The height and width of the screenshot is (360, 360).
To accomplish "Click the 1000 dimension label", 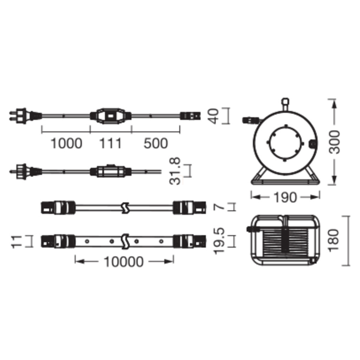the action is point(67,143).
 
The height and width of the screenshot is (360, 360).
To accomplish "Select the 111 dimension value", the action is point(111,143).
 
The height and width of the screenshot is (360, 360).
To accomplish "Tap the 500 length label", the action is point(156,143).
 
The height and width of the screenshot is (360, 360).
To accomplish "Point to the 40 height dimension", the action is point(213,116).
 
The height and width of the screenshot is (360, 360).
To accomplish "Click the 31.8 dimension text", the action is point(175,171).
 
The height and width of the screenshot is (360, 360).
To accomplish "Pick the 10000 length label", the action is point(124,262).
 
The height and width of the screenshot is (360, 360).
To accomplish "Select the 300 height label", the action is point(334,142).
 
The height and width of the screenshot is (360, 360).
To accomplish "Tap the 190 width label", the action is point(285,197).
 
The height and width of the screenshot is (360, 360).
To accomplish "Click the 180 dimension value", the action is point(334,241).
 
